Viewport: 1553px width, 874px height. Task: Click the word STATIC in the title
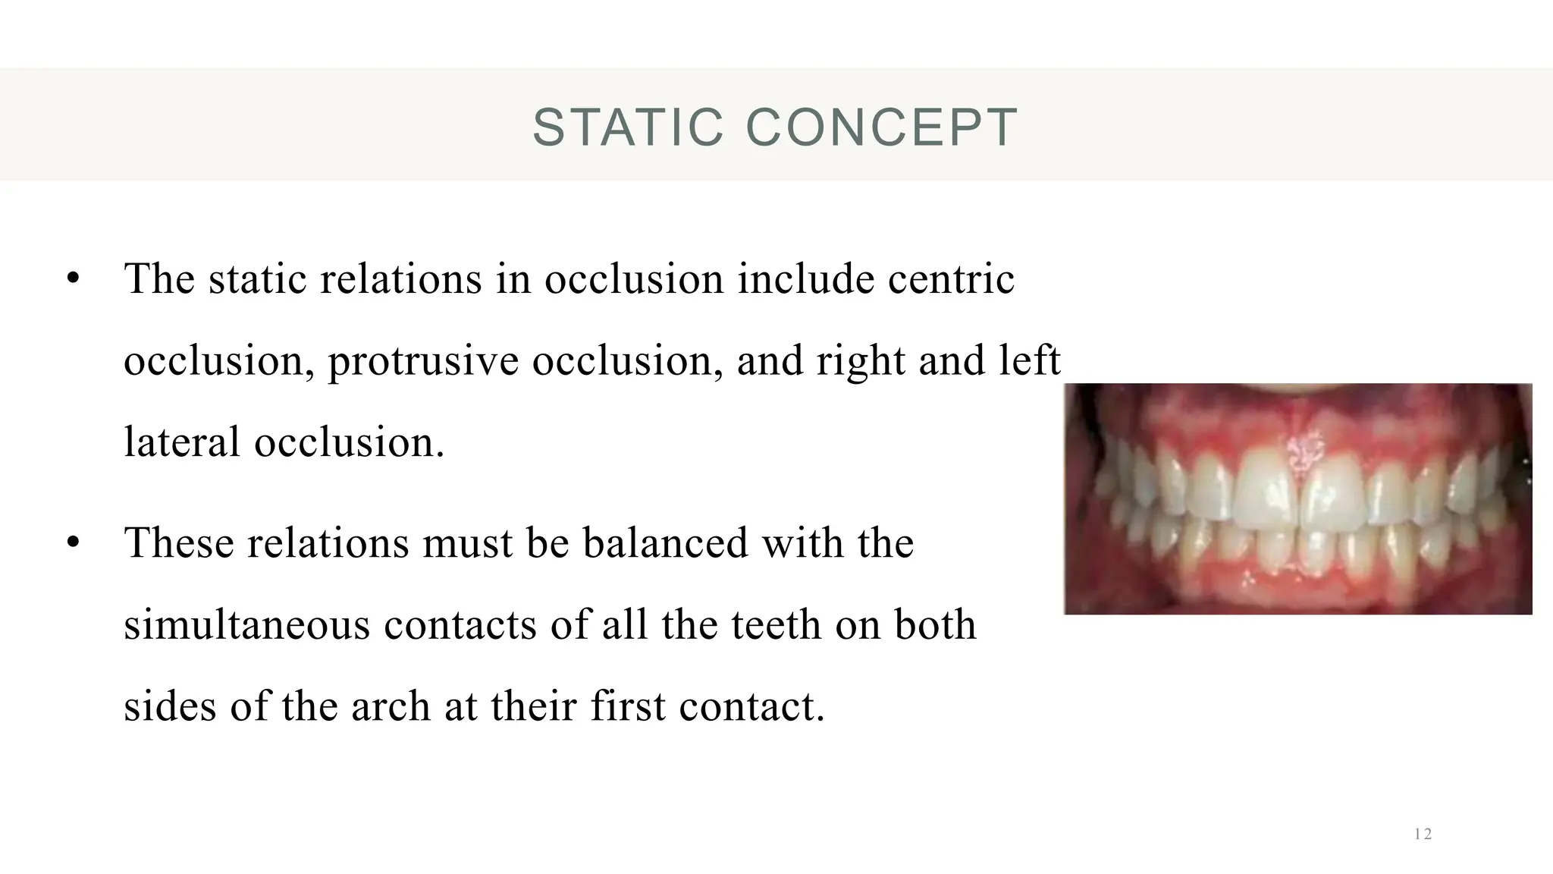(x=628, y=127)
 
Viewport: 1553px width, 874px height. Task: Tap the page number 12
(x=1423, y=835)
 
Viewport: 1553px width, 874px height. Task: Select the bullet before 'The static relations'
(x=73, y=278)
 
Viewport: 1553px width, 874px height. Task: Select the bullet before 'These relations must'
(x=73, y=543)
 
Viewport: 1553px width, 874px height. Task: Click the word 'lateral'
(x=182, y=442)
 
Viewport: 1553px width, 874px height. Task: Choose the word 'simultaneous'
(x=247, y=625)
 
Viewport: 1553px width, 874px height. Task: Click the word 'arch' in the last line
(x=391, y=706)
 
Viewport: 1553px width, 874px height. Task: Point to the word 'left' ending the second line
(x=1029, y=360)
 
